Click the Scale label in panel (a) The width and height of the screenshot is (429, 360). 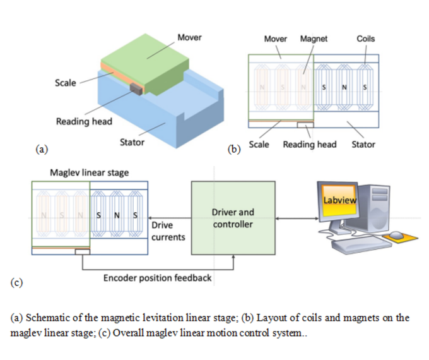pos(66,83)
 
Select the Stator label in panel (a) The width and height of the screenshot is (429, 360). pos(132,142)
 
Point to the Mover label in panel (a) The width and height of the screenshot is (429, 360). pos(189,37)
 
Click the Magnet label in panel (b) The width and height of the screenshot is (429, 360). pos(314,39)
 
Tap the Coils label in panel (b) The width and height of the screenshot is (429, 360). pos(365,39)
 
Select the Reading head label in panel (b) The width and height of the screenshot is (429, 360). pos(309,145)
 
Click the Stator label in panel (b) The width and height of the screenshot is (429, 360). pos(363,145)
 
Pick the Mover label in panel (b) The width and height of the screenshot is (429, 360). pos(275,39)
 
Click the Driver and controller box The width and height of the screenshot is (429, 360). pos(233,219)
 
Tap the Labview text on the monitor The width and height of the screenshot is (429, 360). pos(340,200)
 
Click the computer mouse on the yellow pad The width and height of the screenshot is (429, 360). pos(396,235)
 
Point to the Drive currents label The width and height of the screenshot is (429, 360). pos(168,231)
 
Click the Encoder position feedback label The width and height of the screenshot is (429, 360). pos(158,278)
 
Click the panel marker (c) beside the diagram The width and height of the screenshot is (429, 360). pos(16,282)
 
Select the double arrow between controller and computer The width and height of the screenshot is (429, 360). pos(296,219)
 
